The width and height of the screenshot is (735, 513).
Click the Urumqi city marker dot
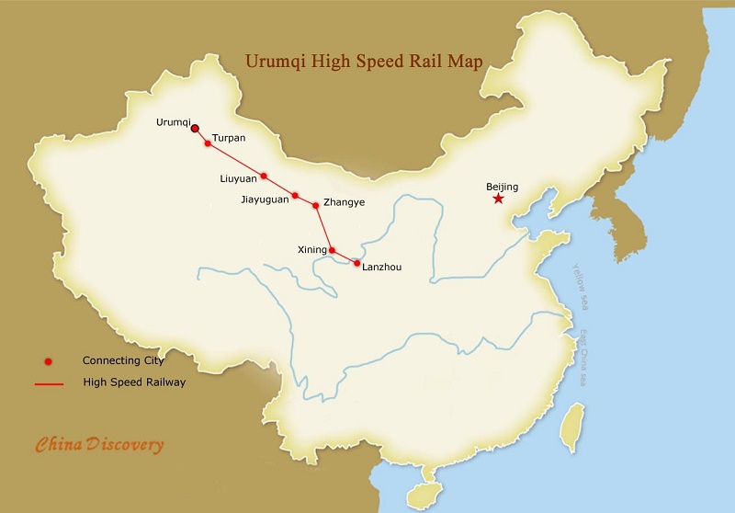coord(195,129)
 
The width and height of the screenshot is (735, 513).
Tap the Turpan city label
coord(229,138)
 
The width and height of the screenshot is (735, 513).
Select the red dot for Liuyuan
coord(264,176)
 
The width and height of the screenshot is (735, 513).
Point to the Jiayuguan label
coord(265,197)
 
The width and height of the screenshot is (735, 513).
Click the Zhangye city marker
coord(316,204)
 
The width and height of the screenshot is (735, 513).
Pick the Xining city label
coord(312,249)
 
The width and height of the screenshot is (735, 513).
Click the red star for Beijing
coord(498,199)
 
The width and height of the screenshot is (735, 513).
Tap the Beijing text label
coord(502,187)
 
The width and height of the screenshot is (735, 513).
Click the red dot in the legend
coord(48,360)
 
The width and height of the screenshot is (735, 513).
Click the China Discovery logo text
coord(99,445)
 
